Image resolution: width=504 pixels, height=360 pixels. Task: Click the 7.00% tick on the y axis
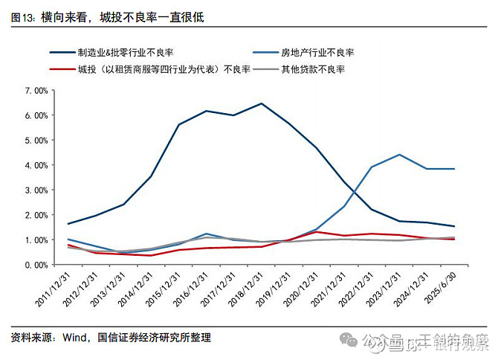click(x=35, y=91)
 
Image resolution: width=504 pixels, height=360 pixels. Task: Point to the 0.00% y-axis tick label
click(x=35, y=265)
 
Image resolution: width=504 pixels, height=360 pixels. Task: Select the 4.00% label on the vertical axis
click(x=35, y=165)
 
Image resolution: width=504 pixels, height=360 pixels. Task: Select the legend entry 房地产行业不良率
click(x=317, y=53)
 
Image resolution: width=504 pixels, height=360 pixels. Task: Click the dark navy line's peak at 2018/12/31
click(x=261, y=103)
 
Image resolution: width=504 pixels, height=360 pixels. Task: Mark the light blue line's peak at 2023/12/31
click(x=399, y=155)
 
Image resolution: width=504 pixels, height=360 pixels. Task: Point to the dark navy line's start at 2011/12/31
click(x=68, y=224)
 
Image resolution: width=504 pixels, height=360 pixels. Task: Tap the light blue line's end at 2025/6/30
click(x=454, y=169)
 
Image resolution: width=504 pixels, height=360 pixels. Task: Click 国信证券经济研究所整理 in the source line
click(x=154, y=337)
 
